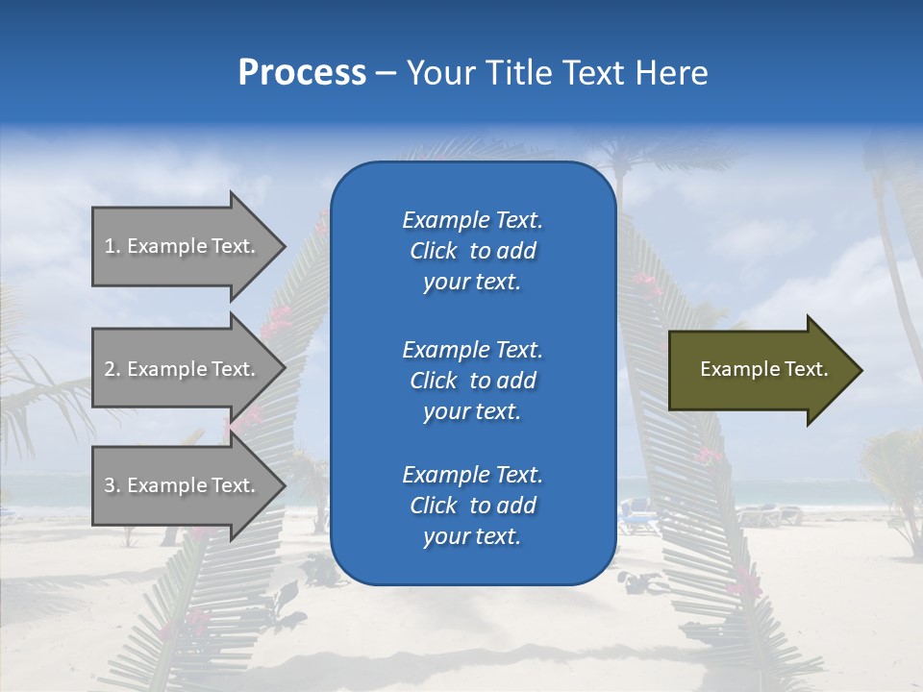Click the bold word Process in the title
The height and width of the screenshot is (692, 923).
pyautogui.click(x=302, y=73)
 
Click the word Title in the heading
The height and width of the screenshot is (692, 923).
pyautogui.click(x=519, y=73)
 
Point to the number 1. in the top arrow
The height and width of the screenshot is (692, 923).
pyautogui.click(x=112, y=246)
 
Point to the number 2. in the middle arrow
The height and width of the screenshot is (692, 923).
pyautogui.click(x=112, y=369)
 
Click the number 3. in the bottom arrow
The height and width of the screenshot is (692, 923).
pyautogui.click(x=112, y=485)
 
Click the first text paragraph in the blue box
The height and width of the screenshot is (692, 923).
pyautogui.click(x=472, y=251)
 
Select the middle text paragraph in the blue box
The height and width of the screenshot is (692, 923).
pyautogui.click(x=472, y=381)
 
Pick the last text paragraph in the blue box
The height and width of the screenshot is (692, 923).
pyautogui.click(x=472, y=506)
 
